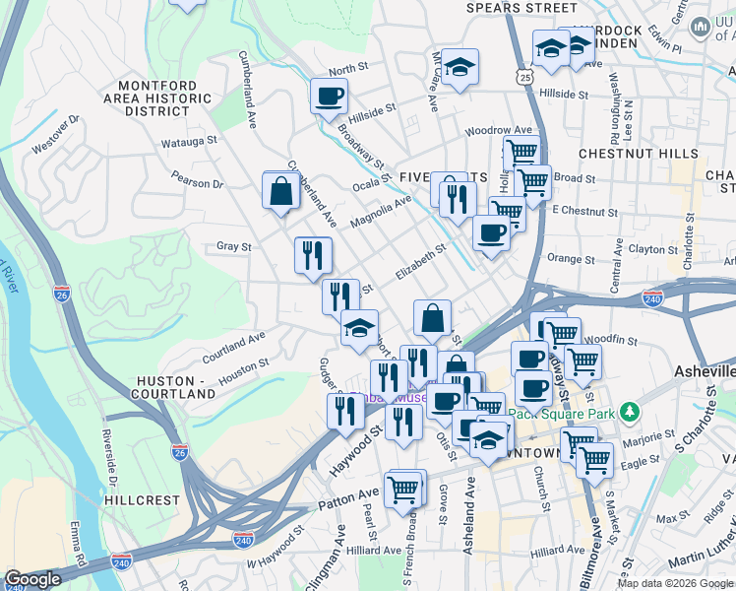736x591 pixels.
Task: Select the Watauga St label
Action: pyautogui.click(x=190, y=142)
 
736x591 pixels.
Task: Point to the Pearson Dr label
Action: pyautogui.click(x=197, y=183)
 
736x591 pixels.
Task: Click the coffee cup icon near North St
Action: pyautogui.click(x=329, y=97)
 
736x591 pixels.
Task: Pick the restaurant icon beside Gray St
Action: pyautogui.click(x=313, y=255)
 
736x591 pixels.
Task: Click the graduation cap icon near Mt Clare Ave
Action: pyautogui.click(x=460, y=67)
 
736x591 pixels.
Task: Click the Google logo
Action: pyautogui.click(x=33, y=579)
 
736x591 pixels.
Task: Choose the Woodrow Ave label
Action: pyautogui.click(x=498, y=130)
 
